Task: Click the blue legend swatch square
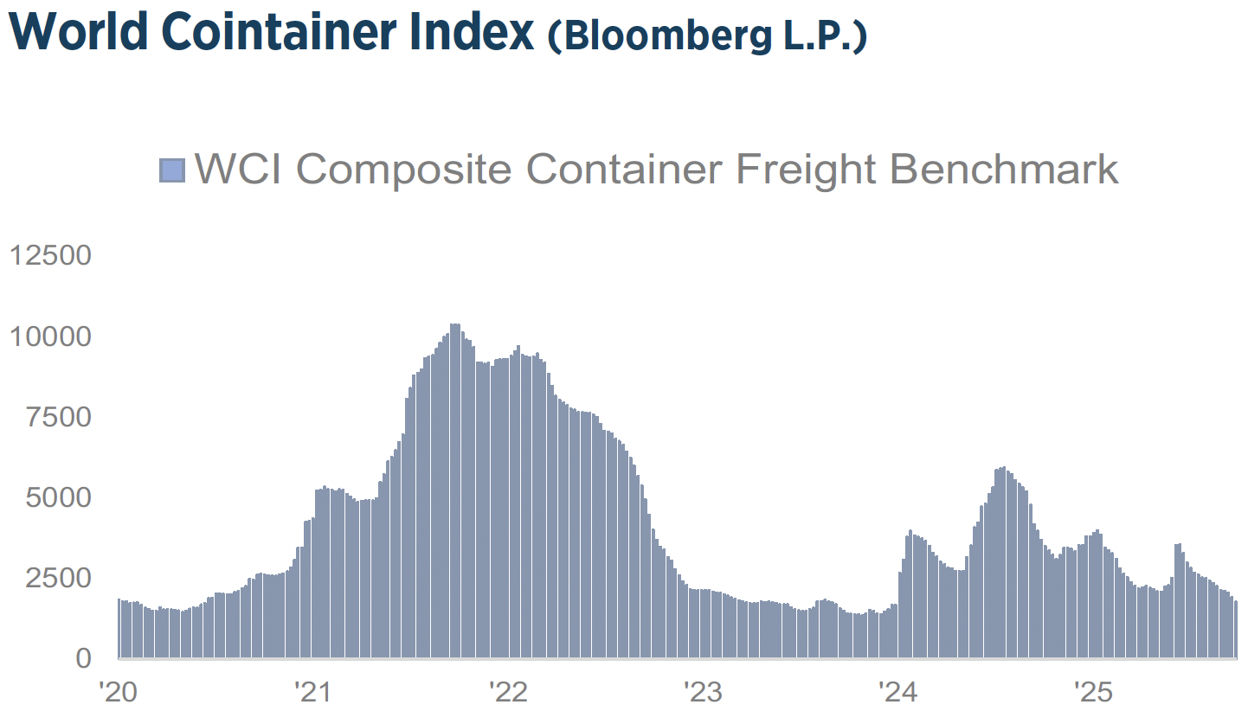pyautogui.click(x=172, y=170)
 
